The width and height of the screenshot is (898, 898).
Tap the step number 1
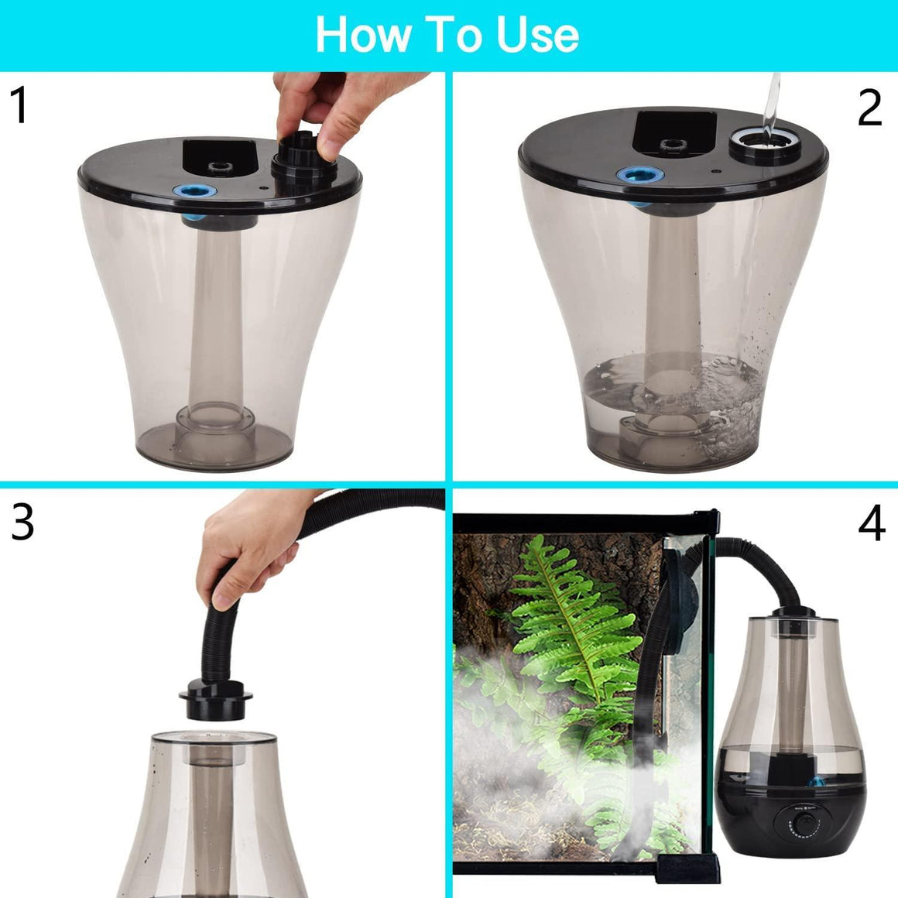pyautogui.click(x=19, y=106)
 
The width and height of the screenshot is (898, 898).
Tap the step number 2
pyautogui.click(x=869, y=108)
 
